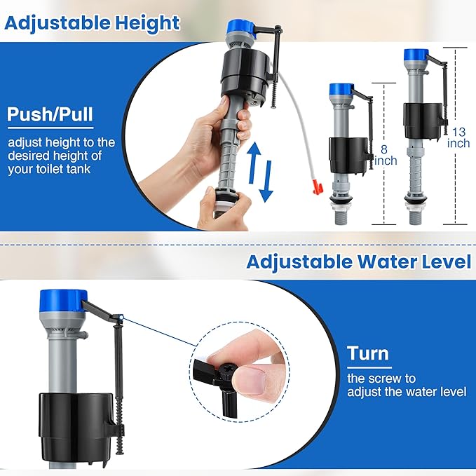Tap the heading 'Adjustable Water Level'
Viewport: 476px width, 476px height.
[358, 261]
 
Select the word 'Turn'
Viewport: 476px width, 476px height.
[368, 353]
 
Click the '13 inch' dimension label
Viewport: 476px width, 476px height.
[459, 137]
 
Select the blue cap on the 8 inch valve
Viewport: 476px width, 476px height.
[339, 89]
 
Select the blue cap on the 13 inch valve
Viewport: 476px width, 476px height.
[416, 53]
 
